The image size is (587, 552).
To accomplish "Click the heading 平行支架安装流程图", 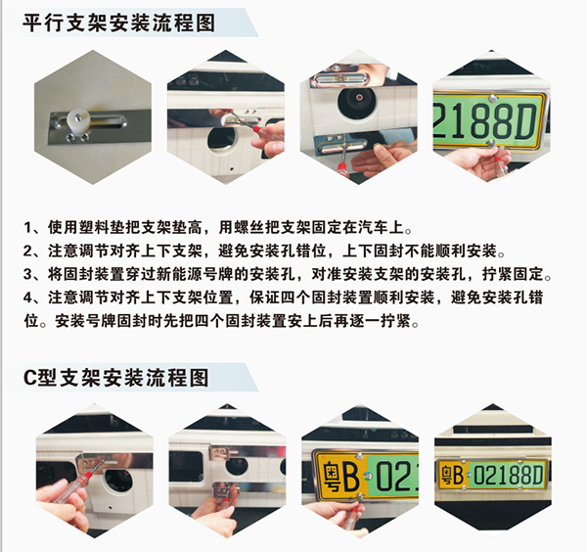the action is (x=119, y=23).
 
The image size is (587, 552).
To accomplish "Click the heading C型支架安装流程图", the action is (x=116, y=378).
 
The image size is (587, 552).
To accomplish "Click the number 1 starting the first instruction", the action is (x=28, y=228).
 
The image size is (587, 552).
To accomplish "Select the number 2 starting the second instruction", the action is (x=28, y=252).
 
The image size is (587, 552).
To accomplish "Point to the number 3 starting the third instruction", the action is (x=28, y=274).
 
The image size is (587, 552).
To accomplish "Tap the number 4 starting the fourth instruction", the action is (x=28, y=298).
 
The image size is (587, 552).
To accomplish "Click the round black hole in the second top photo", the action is (x=222, y=141).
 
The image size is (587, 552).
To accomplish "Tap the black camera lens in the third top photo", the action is (x=358, y=99).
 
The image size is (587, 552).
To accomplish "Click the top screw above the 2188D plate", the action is (x=493, y=98).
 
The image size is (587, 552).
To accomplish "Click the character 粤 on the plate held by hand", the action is (x=332, y=477).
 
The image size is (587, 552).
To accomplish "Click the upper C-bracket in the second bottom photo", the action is (x=224, y=453).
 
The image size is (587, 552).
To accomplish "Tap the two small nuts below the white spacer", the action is (x=77, y=137).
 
